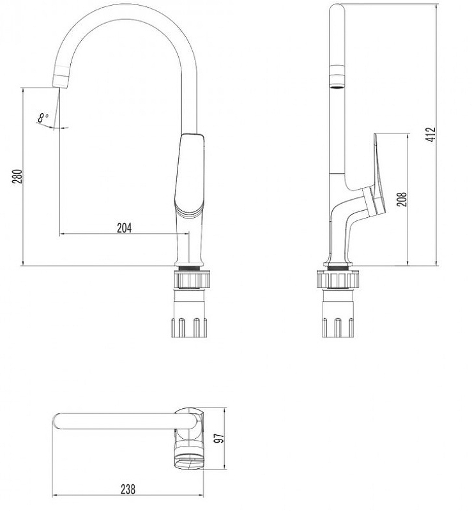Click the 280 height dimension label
(17, 176)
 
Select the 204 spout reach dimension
(125, 227)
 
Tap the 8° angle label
(43, 118)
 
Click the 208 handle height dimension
(400, 200)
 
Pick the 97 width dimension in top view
(218, 438)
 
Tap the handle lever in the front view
(190, 172)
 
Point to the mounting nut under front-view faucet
(190, 280)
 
